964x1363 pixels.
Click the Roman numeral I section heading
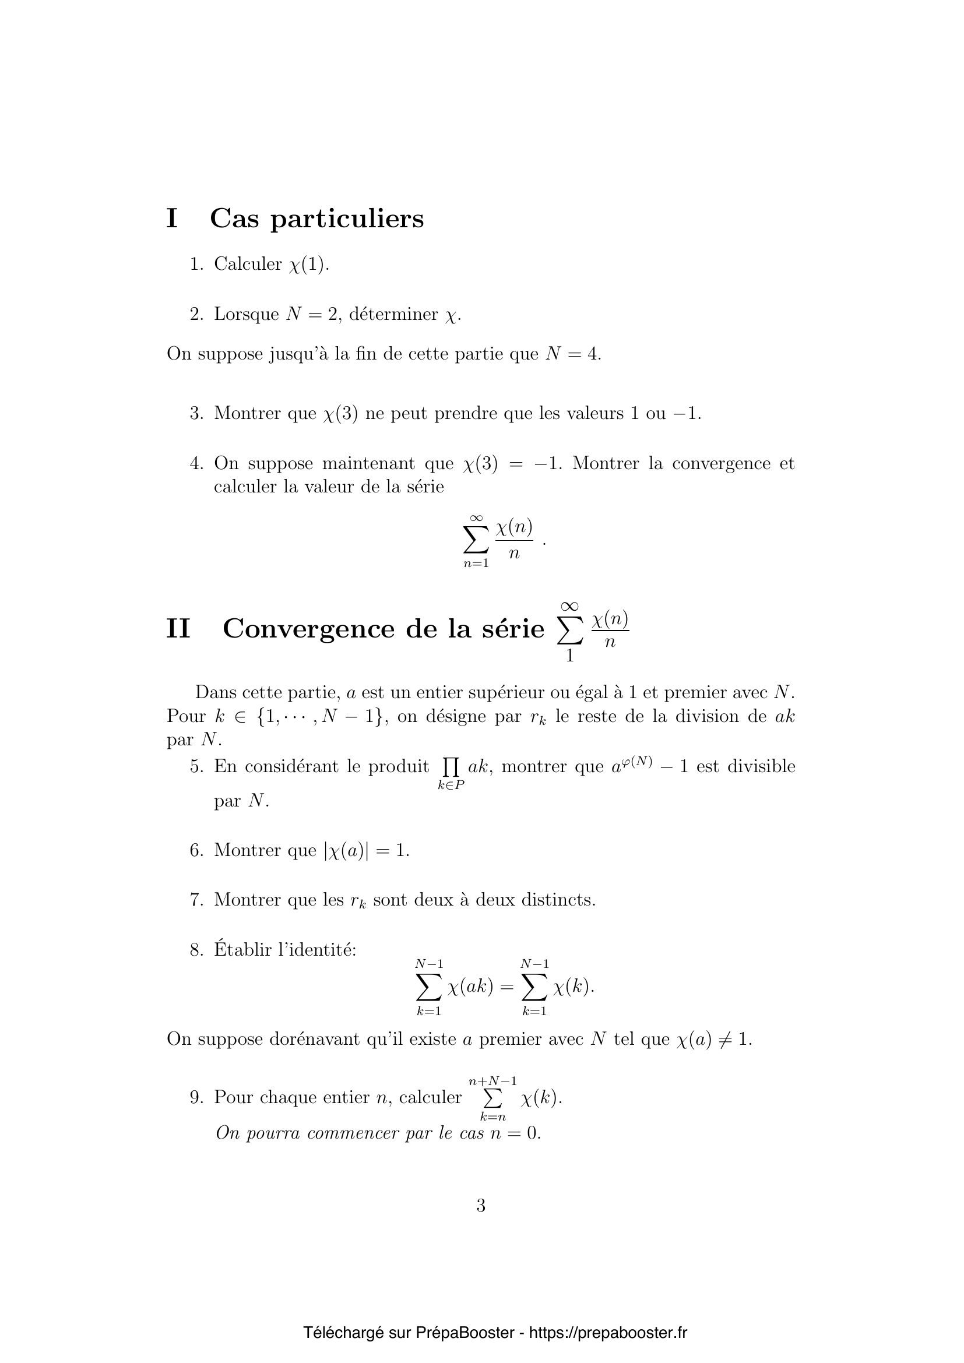click(172, 219)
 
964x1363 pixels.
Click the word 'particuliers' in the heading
click(347, 220)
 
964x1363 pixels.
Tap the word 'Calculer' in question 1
click(248, 264)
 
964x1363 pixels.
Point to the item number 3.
click(196, 413)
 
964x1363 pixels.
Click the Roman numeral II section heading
click(178, 629)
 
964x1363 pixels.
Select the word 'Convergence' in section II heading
click(308, 629)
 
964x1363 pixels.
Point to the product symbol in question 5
click(451, 767)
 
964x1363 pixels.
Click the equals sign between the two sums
click(506, 987)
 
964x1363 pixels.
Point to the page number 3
click(481, 1206)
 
